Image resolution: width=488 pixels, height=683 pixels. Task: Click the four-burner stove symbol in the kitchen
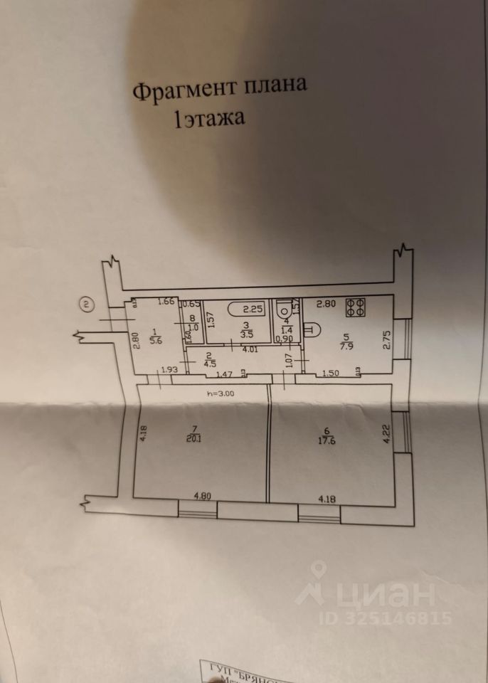click(356, 308)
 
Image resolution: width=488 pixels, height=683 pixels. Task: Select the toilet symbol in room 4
click(285, 308)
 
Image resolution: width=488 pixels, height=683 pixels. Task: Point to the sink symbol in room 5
click(312, 329)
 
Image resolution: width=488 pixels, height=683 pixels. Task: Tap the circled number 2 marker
click(85, 306)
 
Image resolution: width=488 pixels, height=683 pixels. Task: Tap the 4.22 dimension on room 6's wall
click(388, 435)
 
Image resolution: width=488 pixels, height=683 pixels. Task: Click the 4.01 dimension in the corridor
click(249, 349)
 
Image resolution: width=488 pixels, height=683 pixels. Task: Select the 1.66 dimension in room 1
click(166, 302)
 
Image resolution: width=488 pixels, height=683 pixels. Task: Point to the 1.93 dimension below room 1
click(169, 369)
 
